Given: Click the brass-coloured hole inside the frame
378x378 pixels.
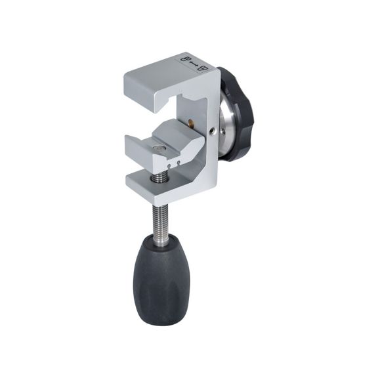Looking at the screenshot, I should point(191,121).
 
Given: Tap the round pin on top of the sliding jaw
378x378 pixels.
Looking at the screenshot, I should point(157,150).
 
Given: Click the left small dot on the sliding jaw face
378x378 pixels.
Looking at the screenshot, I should point(167,166).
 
